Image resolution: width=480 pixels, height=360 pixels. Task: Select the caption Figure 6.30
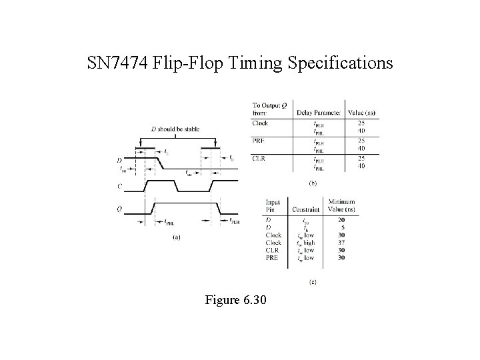click(x=237, y=301)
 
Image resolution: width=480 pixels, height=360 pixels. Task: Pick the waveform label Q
click(x=119, y=208)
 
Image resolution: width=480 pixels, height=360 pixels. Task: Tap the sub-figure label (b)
click(x=312, y=181)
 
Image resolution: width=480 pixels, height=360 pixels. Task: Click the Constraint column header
click(x=305, y=210)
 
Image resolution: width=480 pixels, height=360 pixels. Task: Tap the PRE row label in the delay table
click(x=259, y=139)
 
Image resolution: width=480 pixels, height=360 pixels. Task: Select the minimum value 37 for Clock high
click(x=341, y=242)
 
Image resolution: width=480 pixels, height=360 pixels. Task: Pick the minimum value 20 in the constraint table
click(x=341, y=219)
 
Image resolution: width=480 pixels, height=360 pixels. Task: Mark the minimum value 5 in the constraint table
click(x=341, y=227)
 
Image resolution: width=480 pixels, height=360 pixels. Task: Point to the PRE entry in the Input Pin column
click(x=272, y=257)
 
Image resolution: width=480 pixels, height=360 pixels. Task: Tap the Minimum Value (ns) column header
click(x=341, y=205)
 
